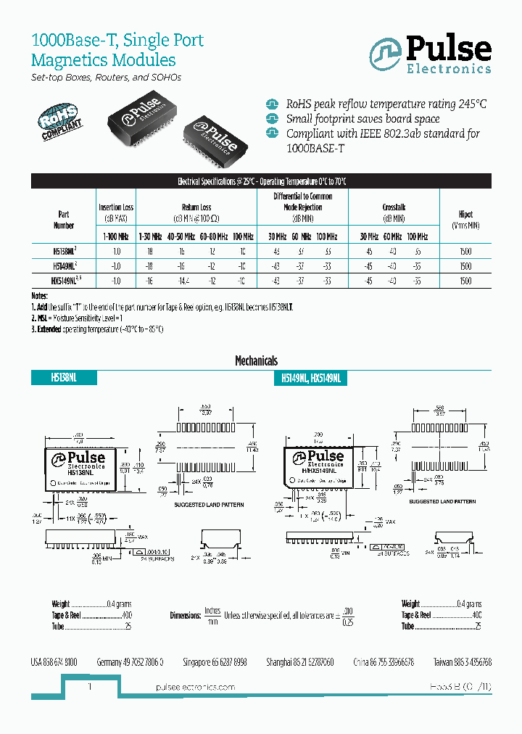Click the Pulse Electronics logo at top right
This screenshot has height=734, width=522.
coord(431,55)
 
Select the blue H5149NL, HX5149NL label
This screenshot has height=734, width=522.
coord(314,378)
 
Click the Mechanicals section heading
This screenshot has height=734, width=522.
coord(256,360)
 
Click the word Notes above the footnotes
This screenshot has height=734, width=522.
coord(39,297)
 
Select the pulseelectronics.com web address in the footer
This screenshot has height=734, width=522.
coord(196,687)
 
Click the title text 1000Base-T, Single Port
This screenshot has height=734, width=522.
coord(117,41)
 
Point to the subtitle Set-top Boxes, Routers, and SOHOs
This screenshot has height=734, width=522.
coord(106,78)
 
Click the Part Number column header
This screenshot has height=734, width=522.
coord(64,220)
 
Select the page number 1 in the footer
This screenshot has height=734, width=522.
coord(89,686)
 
